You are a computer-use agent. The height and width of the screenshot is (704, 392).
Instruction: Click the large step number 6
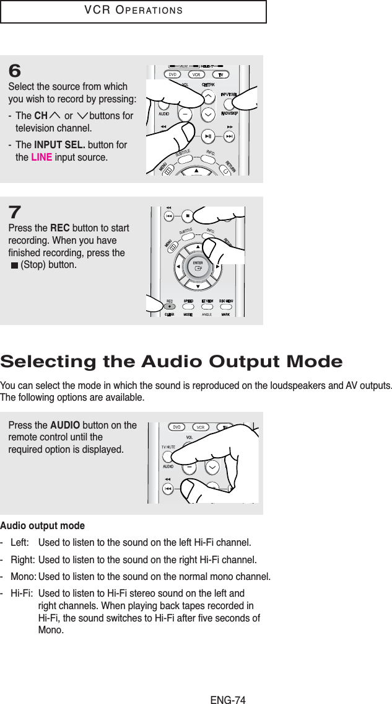point(15,71)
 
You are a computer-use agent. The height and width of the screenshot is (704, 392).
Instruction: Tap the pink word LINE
point(41,157)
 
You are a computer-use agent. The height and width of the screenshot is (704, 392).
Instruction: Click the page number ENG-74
point(228,683)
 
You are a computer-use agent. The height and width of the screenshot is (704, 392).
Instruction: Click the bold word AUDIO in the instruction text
point(64,425)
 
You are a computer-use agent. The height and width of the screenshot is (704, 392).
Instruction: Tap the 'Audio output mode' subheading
point(42,526)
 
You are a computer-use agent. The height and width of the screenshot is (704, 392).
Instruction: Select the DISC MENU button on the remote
point(225,301)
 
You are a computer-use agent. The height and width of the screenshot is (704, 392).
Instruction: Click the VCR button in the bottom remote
point(201,427)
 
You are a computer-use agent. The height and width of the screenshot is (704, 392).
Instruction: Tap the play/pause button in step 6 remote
point(209,136)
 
